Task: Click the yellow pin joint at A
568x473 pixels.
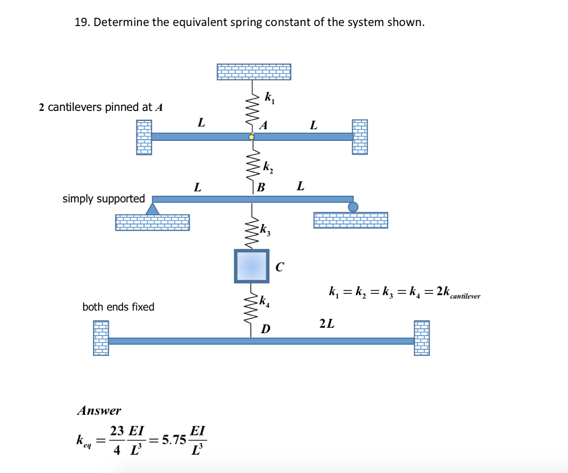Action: pyautogui.click(x=251, y=136)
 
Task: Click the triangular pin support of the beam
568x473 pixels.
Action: pyautogui.click(x=153, y=208)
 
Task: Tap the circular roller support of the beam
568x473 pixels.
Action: pyautogui.click(x=353, y=207)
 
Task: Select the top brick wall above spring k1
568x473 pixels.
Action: pyautogui.click(x=253, y=72)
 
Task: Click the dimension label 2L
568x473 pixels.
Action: pyautogui.click(x=327, y=323)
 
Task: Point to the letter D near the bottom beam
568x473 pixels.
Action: pyautogui.click(x=266, y=330)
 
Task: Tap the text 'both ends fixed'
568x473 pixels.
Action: pyautogui.click(x=118, y=307)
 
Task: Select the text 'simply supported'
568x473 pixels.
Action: pyautogui.click(x=104, y=199)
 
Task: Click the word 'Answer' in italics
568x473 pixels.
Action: pyautogui.click(x=99, y=411)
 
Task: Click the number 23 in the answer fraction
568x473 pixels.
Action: pyautogui.click(x=116, y=431)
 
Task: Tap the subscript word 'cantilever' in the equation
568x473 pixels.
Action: pyautogui.click(x=465, y=297)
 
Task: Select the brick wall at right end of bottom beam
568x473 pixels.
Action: pyautogui.click(x=422, y=337)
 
